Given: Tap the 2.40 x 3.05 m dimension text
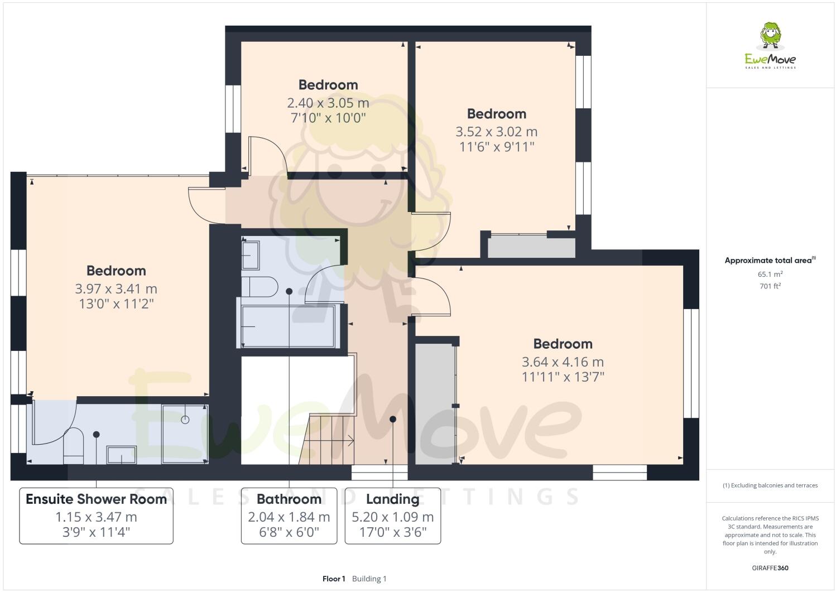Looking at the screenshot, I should point(328,103).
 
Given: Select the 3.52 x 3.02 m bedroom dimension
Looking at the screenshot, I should point(496,132).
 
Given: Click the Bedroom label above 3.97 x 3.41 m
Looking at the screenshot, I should point(116,271).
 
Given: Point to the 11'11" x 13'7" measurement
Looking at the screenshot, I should point(563,377).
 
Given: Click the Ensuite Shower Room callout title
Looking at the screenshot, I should point(96,499).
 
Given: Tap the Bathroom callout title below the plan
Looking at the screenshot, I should point(289,499).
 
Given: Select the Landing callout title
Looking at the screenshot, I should point(392,499).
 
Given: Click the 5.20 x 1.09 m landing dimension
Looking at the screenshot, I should point(392,517).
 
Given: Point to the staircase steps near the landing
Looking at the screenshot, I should point(329,438).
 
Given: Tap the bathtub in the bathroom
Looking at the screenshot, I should point(288,326).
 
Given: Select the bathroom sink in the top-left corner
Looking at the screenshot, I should point(251,255).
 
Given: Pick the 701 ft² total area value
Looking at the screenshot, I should point(770,286).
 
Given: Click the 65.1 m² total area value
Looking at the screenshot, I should point(770,275).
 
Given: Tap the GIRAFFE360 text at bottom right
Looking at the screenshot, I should point(770,568).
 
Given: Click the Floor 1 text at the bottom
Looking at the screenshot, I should point(334,579).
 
